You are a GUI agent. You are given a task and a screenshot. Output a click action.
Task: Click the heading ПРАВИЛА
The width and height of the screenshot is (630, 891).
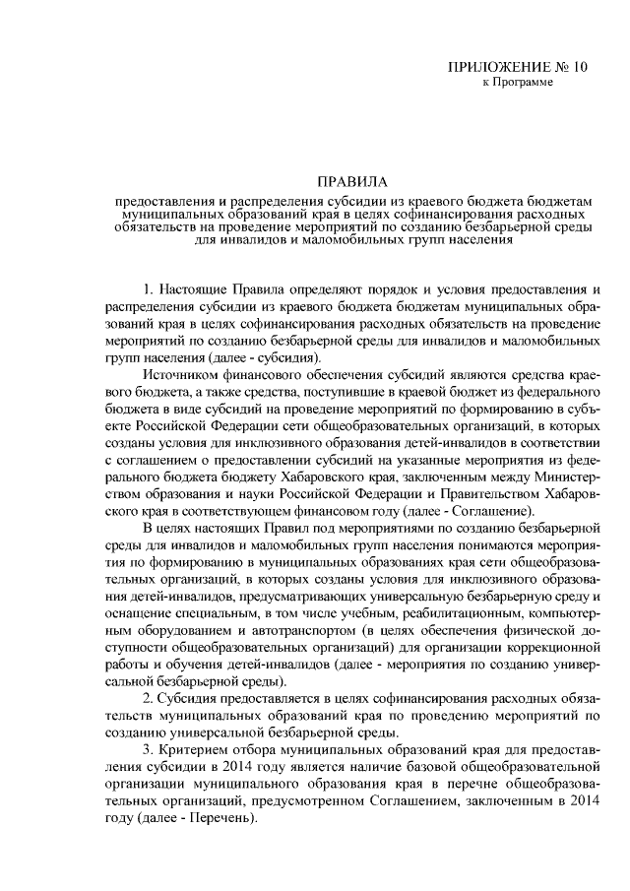click(x=352, y=181)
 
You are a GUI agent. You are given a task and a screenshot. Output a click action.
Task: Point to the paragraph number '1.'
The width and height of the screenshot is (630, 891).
click(x=150, y=288)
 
